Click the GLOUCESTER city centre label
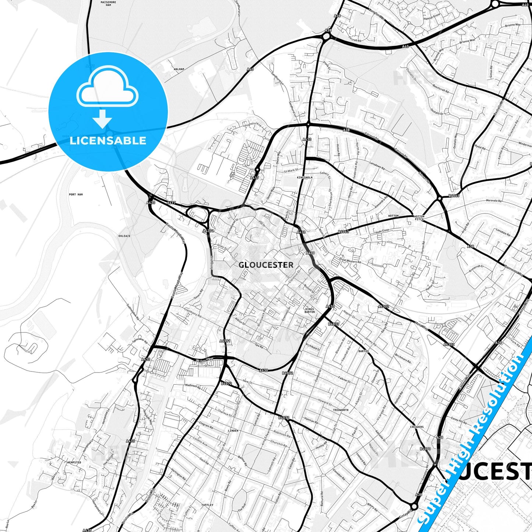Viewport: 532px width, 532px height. tap(266, 265)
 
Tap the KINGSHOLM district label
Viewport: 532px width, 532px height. tap(304, 177)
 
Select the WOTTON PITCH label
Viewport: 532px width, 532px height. tap(419, 218)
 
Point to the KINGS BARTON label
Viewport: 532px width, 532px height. tap(310, 310)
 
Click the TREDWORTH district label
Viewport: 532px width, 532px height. tap(340, 410)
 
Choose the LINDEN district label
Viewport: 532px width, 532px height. tap(233, 430)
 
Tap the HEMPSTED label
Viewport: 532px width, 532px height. tap(74, 462)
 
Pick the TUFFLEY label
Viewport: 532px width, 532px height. tap(207, 505)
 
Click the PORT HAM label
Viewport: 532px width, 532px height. tap(76, 194)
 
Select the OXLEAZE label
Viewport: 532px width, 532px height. tap(124, 236)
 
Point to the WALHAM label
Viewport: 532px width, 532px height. tap(179, 69)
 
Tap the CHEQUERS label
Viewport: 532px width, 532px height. tap(417, 427)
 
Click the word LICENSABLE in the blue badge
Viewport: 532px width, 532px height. tap(108, 140)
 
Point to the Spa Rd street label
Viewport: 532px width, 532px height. tap(259, 346)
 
